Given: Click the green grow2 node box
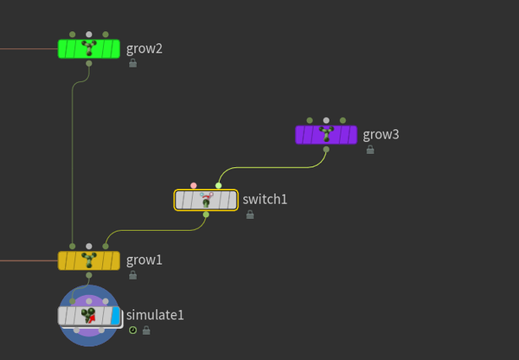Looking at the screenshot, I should point(88,48).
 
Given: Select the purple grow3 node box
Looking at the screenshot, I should point(326,134).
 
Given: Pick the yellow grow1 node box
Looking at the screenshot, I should point(88,260).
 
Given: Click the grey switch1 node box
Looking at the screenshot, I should point(206,200).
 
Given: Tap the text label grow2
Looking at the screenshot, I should point(144,48).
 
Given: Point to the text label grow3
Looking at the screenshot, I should point(381,134).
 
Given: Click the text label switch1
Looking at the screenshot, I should point(265,200).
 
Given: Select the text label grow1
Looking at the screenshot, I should point(144,260).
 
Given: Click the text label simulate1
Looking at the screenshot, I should point(155,315).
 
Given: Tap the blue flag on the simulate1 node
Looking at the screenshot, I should point(116,316).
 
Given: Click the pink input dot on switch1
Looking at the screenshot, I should point(194,185).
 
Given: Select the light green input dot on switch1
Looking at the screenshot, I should point(218,185).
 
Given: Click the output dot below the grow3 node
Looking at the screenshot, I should point(326,149).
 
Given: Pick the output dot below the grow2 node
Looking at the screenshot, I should point(88,63).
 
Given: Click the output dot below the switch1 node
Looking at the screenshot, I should point(206,215).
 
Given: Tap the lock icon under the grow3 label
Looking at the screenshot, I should point(370,150).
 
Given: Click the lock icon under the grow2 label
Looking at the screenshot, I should point(133,63).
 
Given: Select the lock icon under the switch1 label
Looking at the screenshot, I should point(250,215).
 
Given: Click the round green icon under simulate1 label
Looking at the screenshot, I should point(132,330).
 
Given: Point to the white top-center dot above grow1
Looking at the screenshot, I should point(88,246).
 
